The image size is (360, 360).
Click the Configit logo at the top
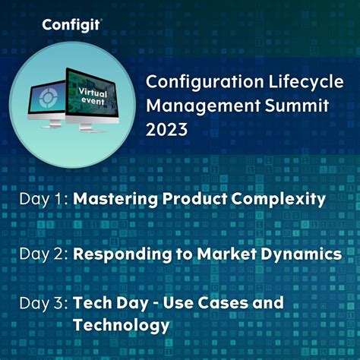click(x=72, y=24)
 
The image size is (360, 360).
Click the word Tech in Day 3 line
click(x=90, y=303)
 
